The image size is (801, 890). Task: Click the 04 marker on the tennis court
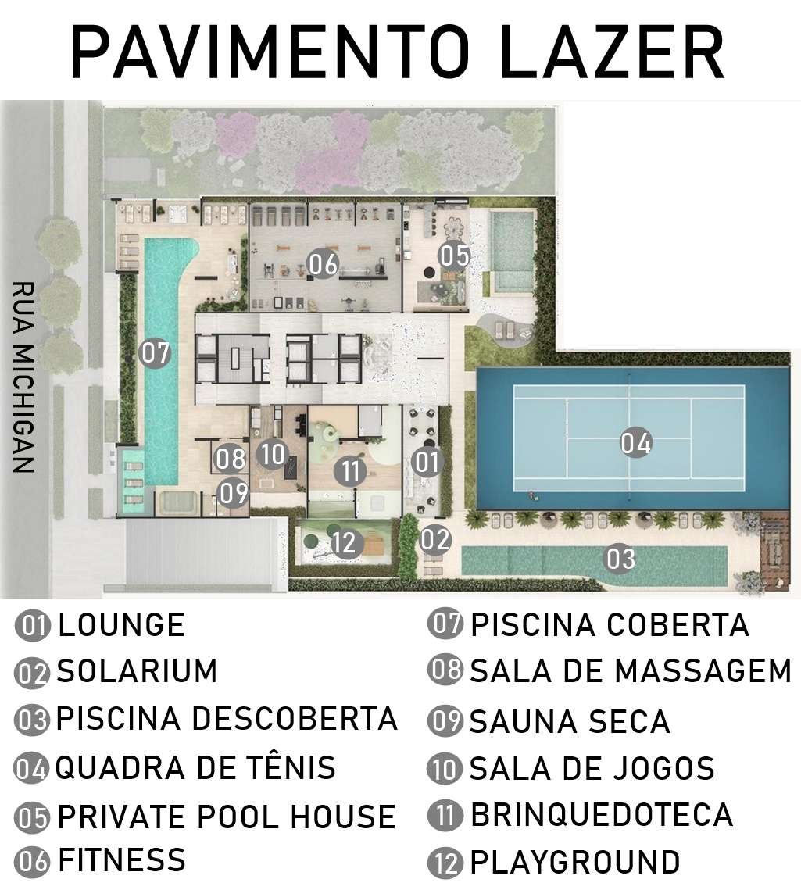[x=636, y=443]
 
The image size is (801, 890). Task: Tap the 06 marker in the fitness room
[x=323, y=265]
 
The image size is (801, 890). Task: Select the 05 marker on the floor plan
[x=454, y=256]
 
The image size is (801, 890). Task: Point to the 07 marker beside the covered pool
[x=155, y=352]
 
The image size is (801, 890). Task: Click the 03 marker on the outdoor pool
[x=620, y=559]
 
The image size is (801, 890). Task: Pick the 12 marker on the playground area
[x=345, y=542]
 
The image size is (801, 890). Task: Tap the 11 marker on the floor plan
[x=350, y=471]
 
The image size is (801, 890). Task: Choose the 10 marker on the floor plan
[x=273, y=455]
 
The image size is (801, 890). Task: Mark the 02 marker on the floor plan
[x=435, y=539]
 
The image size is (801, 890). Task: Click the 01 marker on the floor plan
[x=427, y=461]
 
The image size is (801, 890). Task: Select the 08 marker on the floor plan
[x=231, y=459]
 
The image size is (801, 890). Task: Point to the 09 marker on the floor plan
[x=234, y=492]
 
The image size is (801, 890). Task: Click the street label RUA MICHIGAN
[x=23, y=377]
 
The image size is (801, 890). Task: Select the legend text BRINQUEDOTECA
[x=602, y=814]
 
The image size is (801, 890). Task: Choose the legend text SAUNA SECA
[x=570, y=721]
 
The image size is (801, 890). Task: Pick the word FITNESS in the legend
[x=122, y=860]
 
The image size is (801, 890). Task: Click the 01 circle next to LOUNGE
[x=32, y=626]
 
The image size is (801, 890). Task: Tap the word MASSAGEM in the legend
[x=703, y=670]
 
